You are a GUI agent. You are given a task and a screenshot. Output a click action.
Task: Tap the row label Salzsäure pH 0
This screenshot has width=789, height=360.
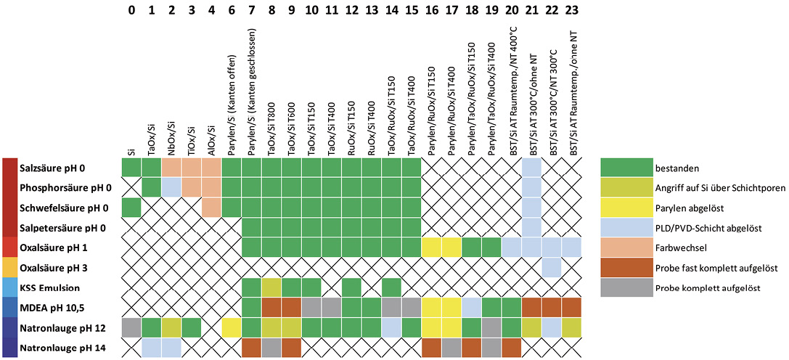53,168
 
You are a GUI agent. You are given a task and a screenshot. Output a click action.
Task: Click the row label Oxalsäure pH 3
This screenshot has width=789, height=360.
52,267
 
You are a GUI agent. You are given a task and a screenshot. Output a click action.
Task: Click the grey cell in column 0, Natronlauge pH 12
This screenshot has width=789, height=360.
131,327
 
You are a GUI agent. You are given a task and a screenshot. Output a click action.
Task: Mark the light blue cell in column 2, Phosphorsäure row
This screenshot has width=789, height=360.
171,188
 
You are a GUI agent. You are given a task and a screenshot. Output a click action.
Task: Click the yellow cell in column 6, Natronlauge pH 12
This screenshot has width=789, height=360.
232,327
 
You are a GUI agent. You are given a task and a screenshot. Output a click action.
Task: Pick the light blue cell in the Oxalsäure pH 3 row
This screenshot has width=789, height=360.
552,267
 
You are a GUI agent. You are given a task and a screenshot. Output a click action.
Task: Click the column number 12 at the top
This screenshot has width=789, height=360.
353,11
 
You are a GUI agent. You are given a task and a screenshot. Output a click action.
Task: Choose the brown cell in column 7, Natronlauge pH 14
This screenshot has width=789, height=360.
252,347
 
